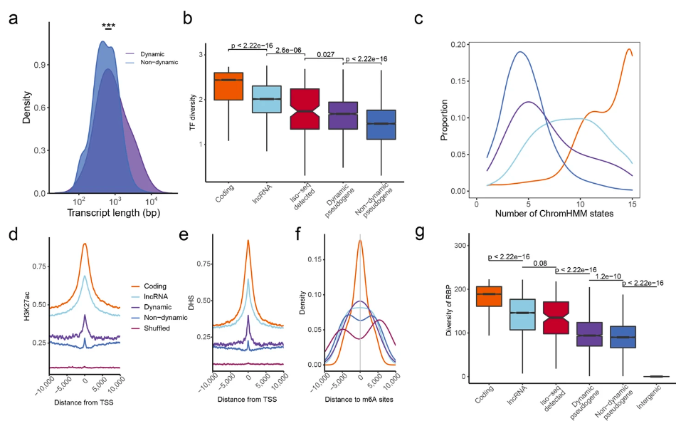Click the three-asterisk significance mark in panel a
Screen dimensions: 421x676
pos(108,26)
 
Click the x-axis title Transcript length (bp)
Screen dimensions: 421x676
pos(111,212)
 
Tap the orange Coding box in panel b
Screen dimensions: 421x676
pos(228,86)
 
